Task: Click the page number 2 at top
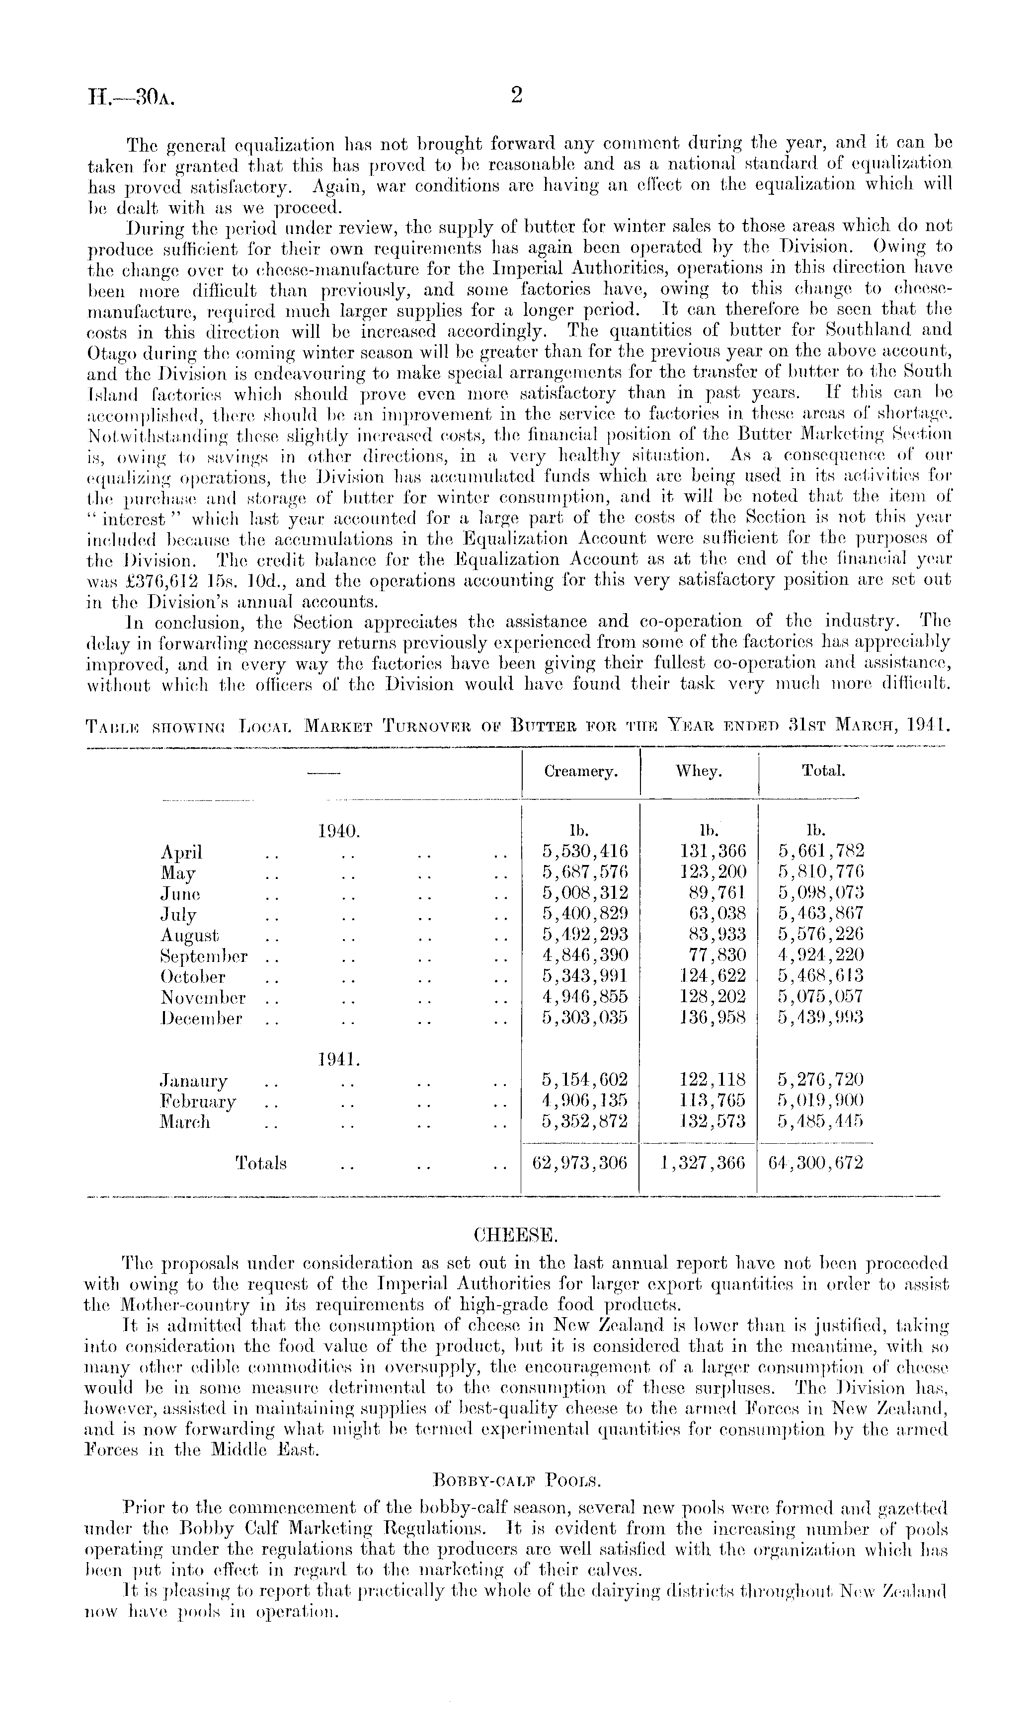(516, 96)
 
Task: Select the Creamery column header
(580, 771)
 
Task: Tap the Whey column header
(698, 771)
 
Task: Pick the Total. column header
(823, 771)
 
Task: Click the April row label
(182, 852)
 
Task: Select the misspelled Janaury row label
(193, 1081)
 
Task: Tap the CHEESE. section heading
(515, 1236)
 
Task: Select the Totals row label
(261, 1164)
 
